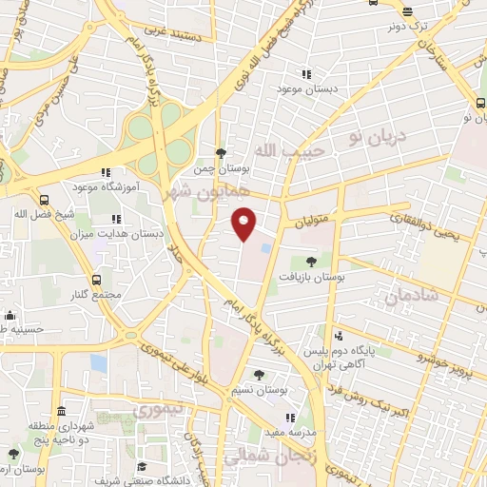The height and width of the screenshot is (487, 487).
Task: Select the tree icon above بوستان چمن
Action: coord(222,152)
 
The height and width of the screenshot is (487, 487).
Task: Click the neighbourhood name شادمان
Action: coord(411,297)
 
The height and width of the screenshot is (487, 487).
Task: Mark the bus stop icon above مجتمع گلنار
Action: coord(96,280)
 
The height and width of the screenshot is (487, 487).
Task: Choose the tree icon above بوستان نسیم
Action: coord(259,375)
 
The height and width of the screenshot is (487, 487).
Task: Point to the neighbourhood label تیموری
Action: coord(156,411)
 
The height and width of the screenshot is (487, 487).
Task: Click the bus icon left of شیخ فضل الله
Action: coord(44,200)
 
